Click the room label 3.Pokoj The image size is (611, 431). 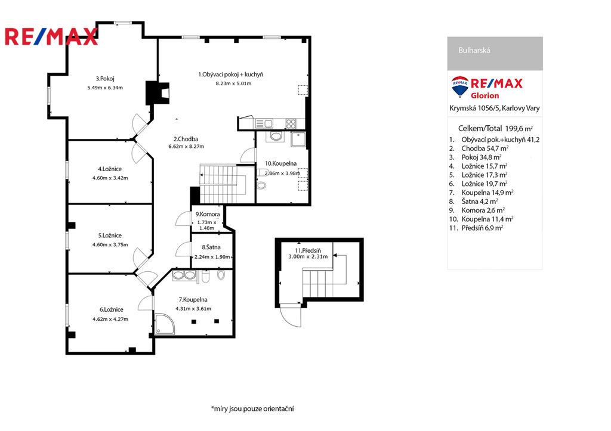click(105, 79)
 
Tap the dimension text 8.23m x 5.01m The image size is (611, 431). click(233, 83)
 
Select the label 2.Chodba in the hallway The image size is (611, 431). click(186, 139)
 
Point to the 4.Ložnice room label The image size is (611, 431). click(110, 169)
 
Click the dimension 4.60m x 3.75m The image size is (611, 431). click(110, 244)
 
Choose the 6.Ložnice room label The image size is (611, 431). click(112, 309)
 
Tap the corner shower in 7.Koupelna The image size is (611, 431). click(165, 324)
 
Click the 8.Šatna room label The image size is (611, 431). click(211, 247)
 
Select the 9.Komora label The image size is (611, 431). click(208, 214)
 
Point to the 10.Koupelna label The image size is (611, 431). click(281, 163)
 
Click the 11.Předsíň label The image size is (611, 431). click(308, 250)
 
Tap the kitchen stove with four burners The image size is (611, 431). click(291, 124)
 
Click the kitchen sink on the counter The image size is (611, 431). click(264, 124)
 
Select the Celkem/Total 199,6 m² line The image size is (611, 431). click(495, 129)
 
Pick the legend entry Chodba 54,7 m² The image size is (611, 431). click(485, 148)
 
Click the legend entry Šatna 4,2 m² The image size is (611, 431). click(480, 201)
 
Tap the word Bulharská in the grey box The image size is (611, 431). click(474, 50)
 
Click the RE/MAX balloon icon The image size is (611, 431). click(460, 86)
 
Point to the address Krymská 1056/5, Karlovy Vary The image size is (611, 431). click(495, 108)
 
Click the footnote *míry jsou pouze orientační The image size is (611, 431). click(252, 408)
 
